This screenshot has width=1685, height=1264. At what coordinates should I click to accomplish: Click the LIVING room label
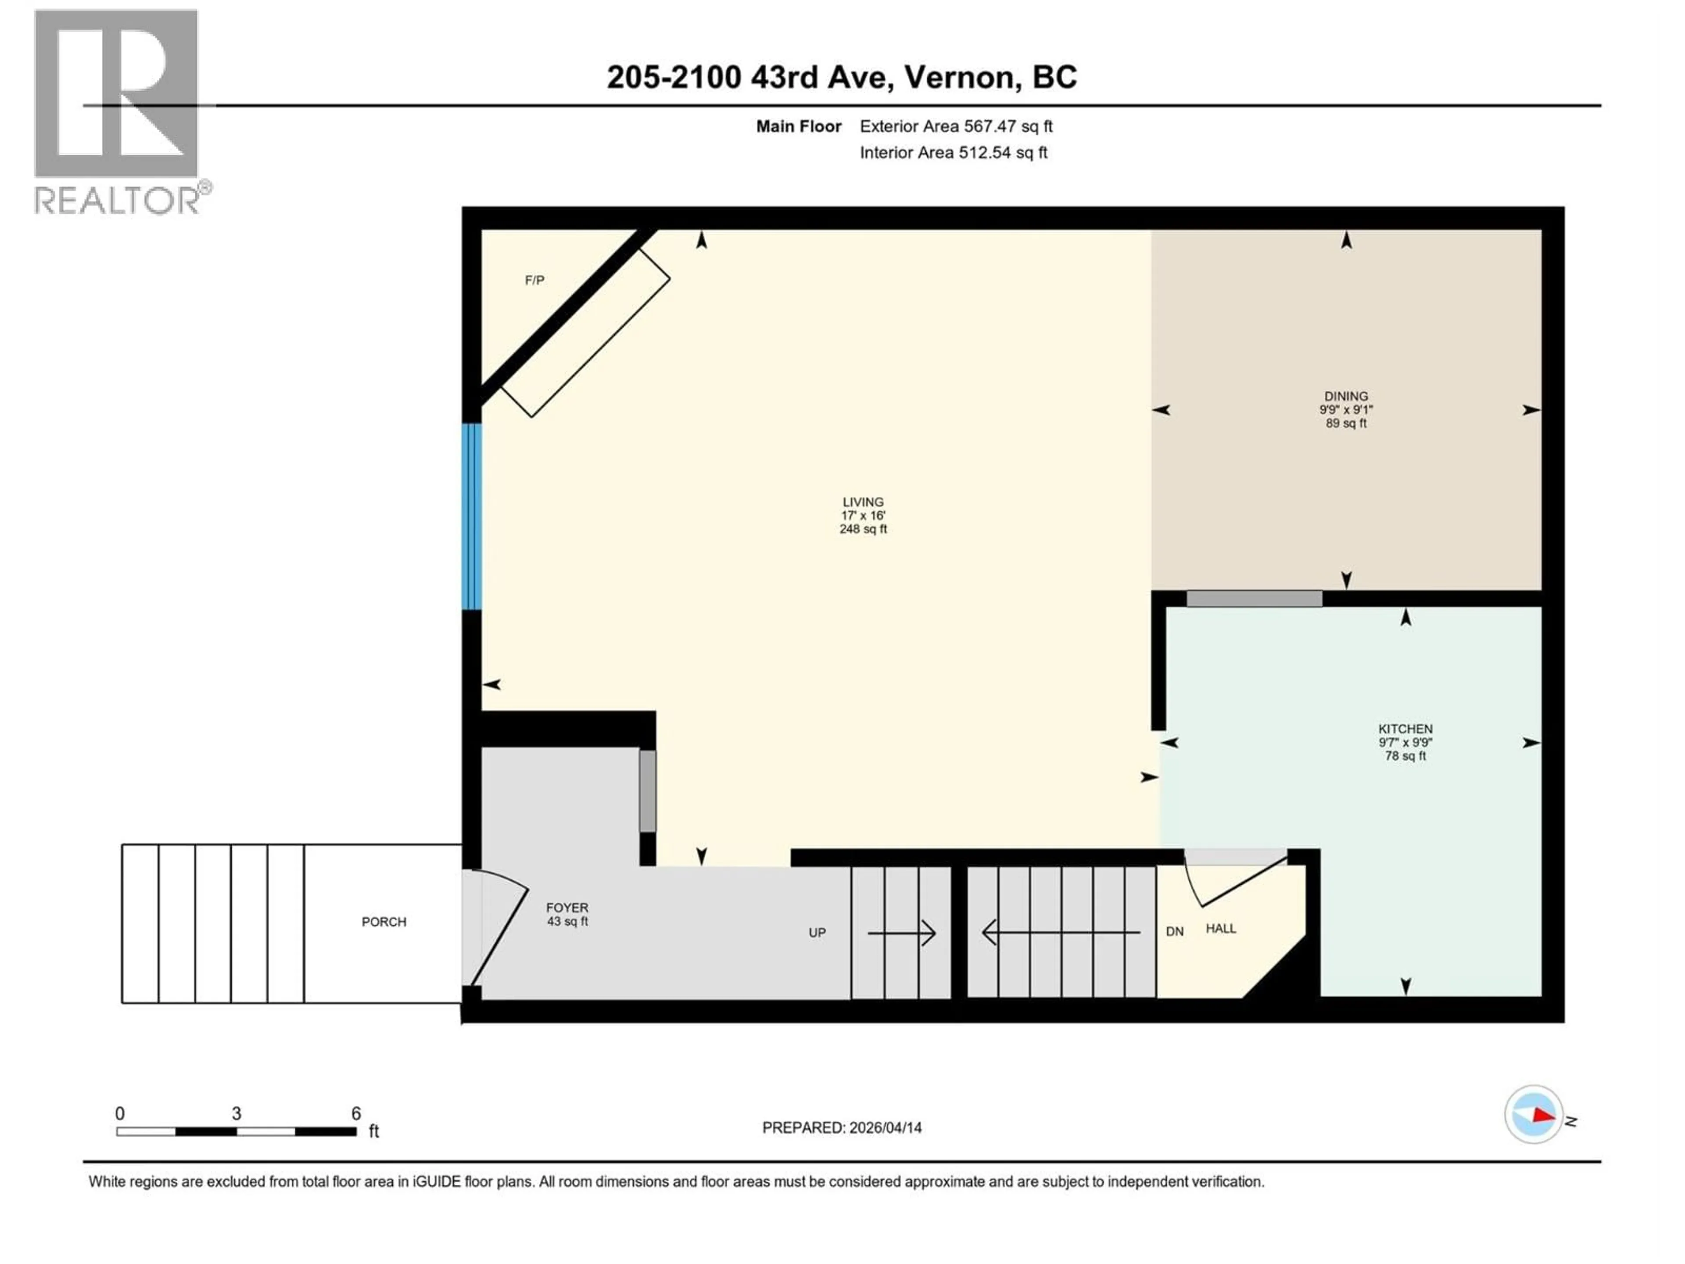pos(863,502)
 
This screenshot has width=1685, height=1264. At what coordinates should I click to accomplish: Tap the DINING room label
pos(1345,396)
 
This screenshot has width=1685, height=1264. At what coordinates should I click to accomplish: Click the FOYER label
pos(567,908)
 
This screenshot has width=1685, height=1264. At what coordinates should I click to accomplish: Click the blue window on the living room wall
pos(472,517)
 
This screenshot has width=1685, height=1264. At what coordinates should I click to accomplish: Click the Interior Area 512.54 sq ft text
pos(953,152)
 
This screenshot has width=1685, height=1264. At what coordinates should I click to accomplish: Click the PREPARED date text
pos(841,1128)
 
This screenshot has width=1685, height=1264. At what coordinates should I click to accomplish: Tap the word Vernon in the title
pos(961,77)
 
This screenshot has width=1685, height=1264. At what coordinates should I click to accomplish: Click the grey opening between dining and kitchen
pos(1254,599)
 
